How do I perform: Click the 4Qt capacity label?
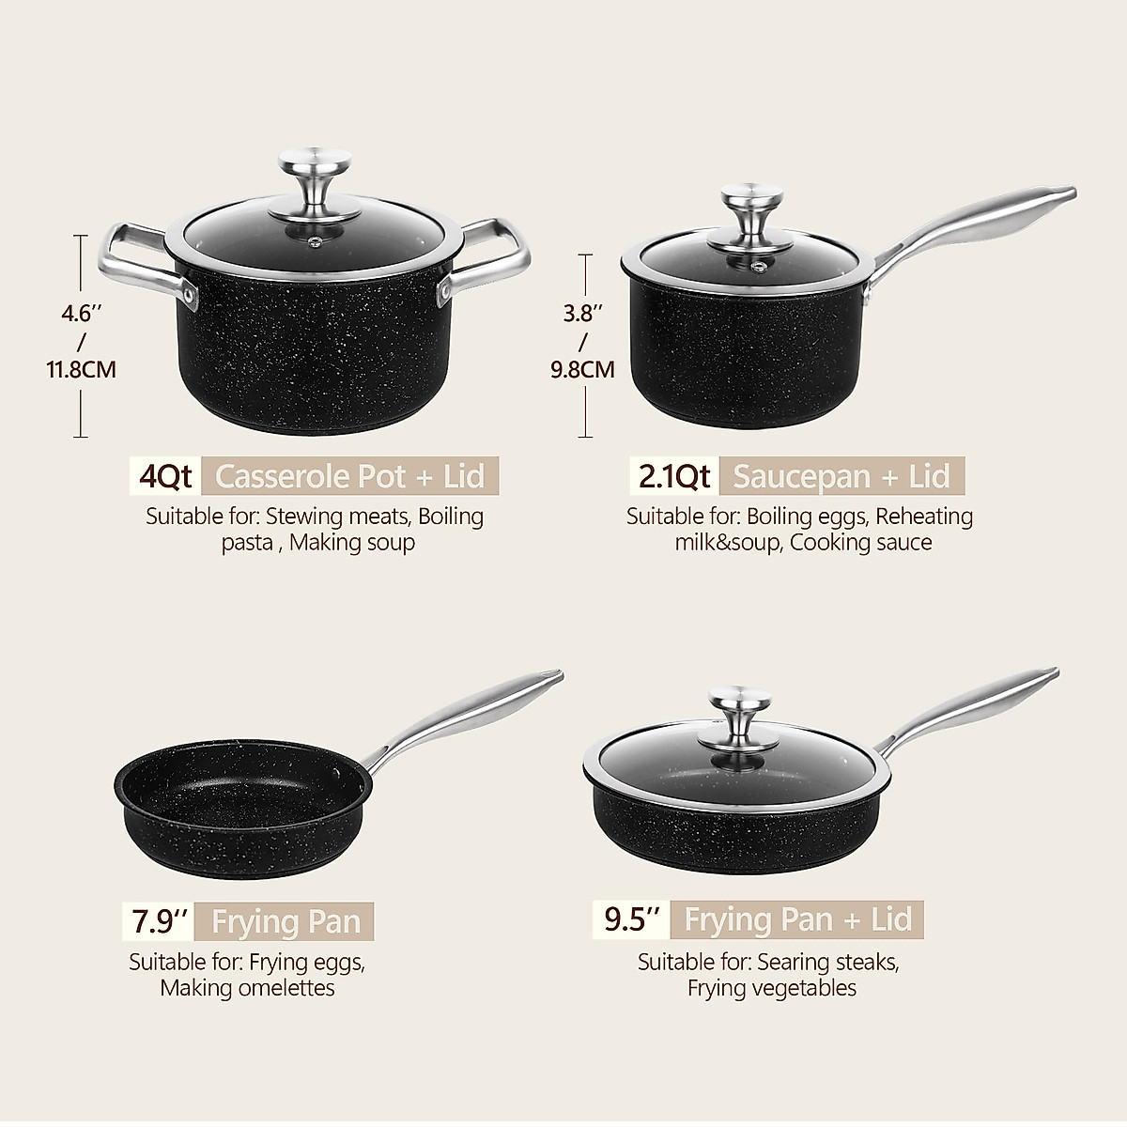click(x=164, y=476)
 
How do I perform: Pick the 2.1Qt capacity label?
click(x=673, y=476)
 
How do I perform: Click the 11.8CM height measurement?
click(x=82, y=369)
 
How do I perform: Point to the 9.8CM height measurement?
click(x=582, y=369)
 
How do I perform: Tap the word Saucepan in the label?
click(x=801, y=476)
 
